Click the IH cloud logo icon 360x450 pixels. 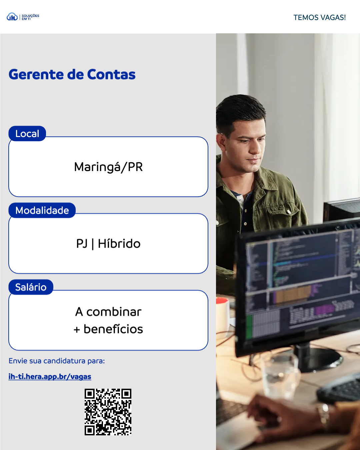pyautogui.click(x=12, y=17)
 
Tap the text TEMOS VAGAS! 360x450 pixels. pyautogui.click(x=319, y=18)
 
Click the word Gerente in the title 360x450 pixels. pyautogui.click(x=36, y=75)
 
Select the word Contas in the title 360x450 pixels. pyautogui.click(x=111, y=75)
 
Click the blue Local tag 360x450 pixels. pyautogui.click(x=27, y=134)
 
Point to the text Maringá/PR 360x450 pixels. pyautogui.click(x=108, y=167)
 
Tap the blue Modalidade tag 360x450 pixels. pyautogui.click(x=42, y=210)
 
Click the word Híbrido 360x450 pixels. pyautogui.click(x=119, y=244)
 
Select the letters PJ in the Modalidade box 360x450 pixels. pyautogui.click(x=82, y=244)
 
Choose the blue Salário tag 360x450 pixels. pyautogui.click(x=31, y=287)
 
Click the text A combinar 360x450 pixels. pyautogui.click(x=108, y=312)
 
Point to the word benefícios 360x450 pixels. pyautogui.click(x=113, y=329)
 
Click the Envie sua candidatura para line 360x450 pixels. pyautogui.click(x=57, y=361)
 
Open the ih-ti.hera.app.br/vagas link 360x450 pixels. pyautogui.click(x=50, y=377)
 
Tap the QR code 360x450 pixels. pyautogui.click(x=108, y=412)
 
